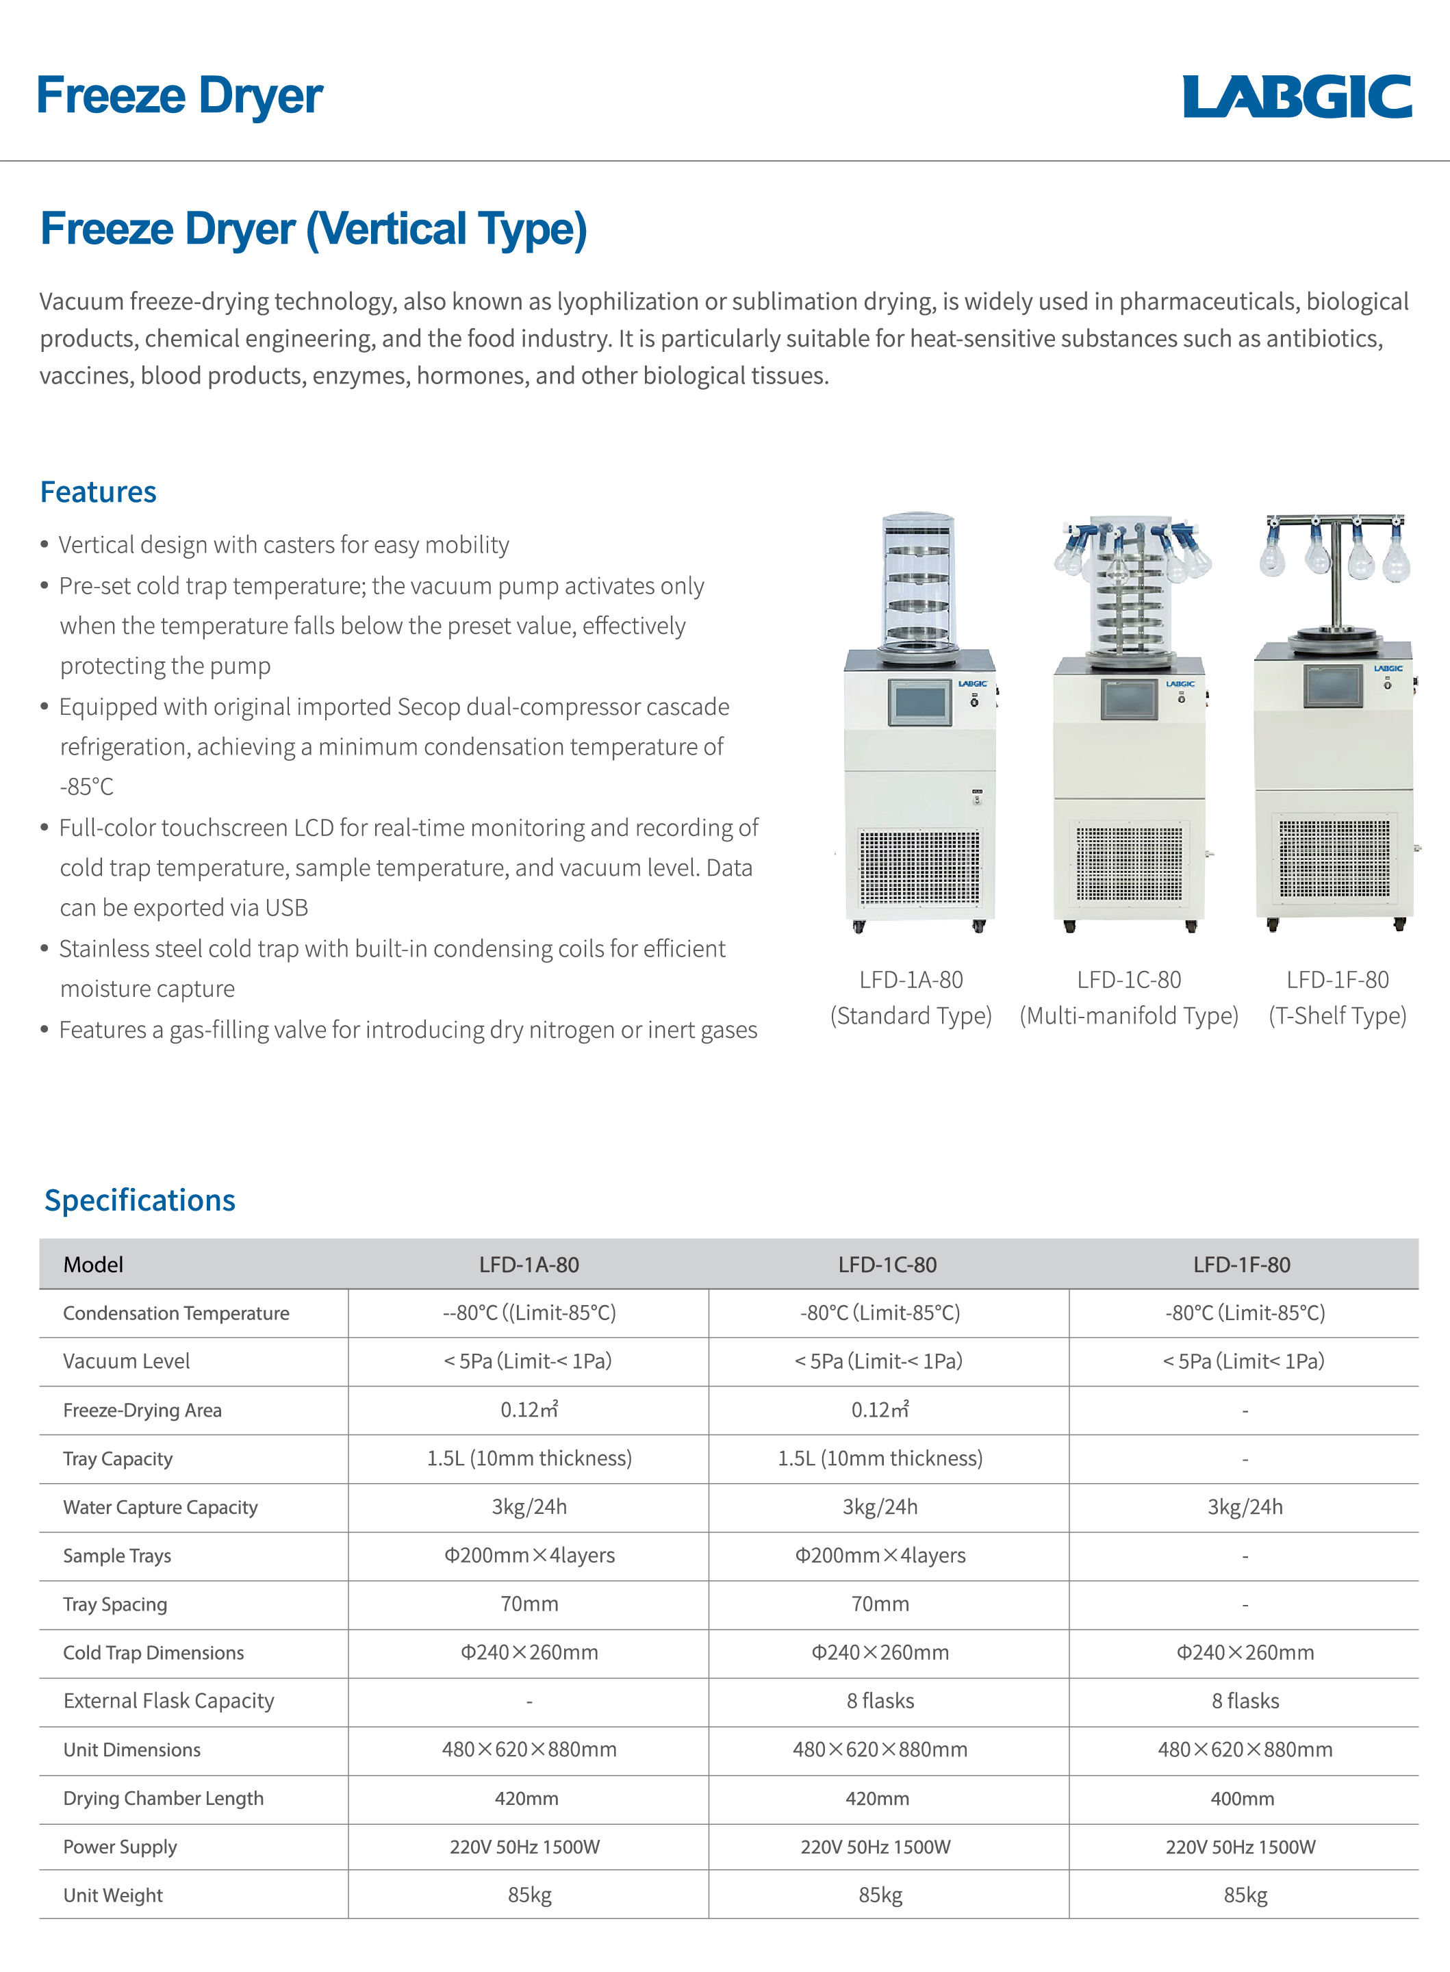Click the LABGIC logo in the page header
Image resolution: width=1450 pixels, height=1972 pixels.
(x=1297, y=97)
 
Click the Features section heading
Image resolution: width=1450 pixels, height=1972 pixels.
(x=99, y=492)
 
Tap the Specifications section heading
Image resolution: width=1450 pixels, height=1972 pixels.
(x=140, y=1200)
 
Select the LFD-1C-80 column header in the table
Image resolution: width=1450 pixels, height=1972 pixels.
(x=887, y=1265)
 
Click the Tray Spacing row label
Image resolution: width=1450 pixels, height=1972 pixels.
(x=115, y=1604)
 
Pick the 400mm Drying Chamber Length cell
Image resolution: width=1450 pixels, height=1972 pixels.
(x=1242, y=1798)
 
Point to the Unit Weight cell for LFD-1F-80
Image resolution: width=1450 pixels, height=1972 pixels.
(x=1245, y=1895)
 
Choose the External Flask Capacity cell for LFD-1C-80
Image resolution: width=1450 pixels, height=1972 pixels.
(x=880, y=1701)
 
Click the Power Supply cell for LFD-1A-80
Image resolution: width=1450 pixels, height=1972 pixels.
(x=525, y=1847)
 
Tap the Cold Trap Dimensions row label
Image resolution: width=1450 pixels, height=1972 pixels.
(x=153, y=1652)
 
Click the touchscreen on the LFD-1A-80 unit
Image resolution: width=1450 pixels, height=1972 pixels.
(x=919, y=702)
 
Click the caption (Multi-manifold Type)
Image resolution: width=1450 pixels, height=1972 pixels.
(x=1129, y=1015)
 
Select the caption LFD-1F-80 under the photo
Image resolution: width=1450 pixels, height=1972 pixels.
(x=1337, y=979)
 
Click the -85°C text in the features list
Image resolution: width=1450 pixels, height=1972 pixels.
(x=87, y=786)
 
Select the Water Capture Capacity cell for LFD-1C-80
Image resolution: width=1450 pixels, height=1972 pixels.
(x=880, y=1507)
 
